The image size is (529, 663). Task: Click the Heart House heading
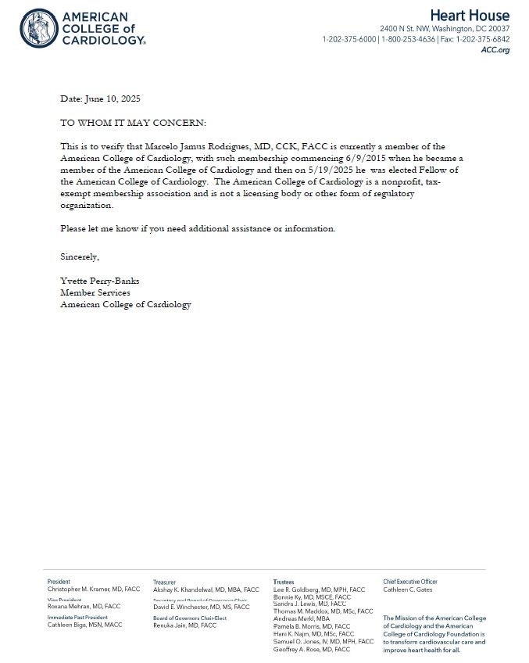tap(468, 16)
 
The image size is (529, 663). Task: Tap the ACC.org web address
tap(495, 50)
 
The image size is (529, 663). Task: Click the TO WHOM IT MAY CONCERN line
tap(134, 124)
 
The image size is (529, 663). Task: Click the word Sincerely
tap(80, 256)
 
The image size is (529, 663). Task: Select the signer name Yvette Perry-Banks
tap(100, 281)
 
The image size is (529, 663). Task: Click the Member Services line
tap(95, 292)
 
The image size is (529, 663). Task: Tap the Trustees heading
tap(284, 582)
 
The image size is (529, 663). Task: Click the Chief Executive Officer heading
tap(410, 582)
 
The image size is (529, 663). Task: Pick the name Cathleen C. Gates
tap(407, 590)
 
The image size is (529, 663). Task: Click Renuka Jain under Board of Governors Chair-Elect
tap(184, 625)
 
